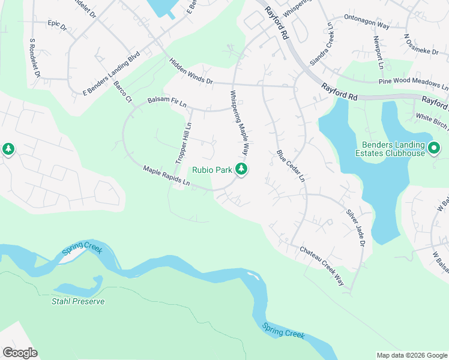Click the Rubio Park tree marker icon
tap(241, 170)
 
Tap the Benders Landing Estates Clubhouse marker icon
tap(435, 146)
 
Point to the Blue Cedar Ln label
tap(291, 166)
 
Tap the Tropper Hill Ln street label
tap(184, 143)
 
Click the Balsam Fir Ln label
tap(167, 103)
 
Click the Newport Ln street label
tap(378, 52)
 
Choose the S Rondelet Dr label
tap(34, 58)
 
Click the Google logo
tap(20, 353)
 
